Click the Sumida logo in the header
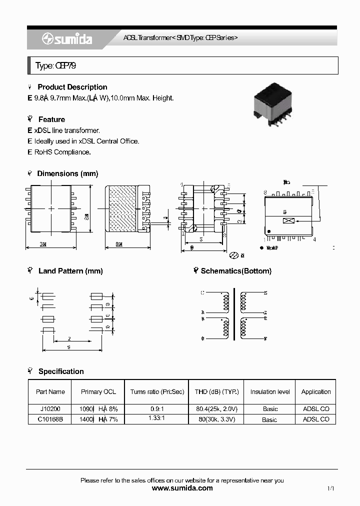point(67,39)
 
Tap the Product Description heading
point(72,87)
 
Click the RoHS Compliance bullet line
point(62,152)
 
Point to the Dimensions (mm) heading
point(67,173)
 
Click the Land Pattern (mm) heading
point(70,271)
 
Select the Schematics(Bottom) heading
point(236,271)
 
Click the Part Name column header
point(50,392)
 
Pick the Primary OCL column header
point(98,392)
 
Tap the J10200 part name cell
point(50,409)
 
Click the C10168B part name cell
point(50,419)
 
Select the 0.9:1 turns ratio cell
point(157,409)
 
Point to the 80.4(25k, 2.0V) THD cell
point(217,409)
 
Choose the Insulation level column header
point(270,392)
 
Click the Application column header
point(316,392)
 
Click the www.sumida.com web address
point(182,488)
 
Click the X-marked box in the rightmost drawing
point(288,221)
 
